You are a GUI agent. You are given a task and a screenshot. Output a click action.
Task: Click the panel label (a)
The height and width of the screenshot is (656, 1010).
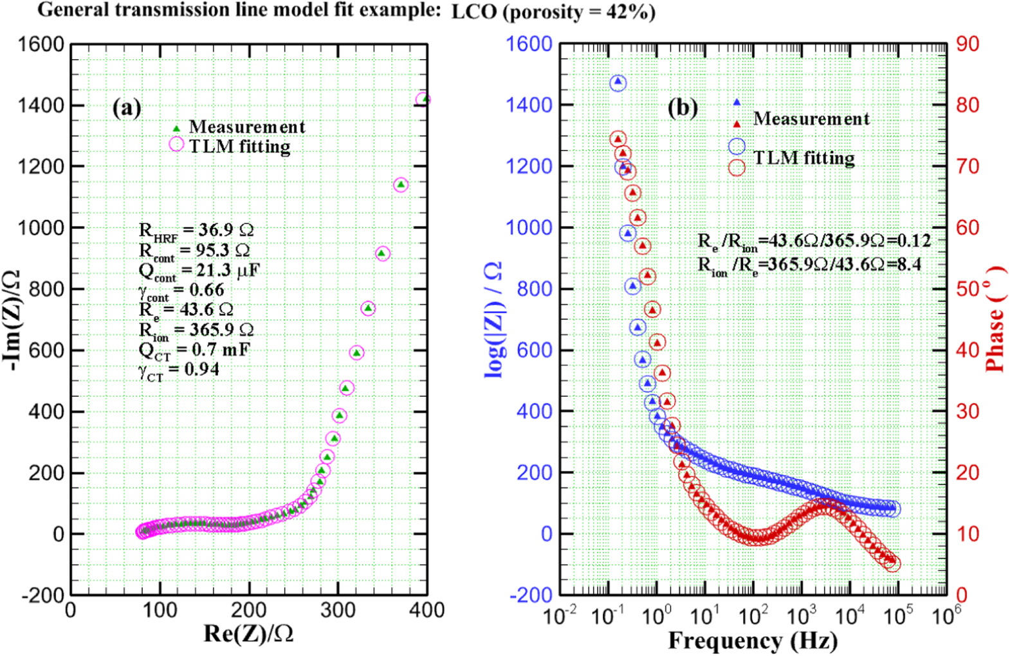[x=126, y=107]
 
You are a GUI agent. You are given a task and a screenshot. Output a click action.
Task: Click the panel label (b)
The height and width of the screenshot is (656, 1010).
[x=682, y=107]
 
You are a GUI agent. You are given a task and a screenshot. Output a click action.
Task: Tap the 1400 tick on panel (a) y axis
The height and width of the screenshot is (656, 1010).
[x=40, y=105]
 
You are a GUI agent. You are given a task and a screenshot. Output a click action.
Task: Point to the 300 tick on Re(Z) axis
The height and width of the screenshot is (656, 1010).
[x=337, y=610]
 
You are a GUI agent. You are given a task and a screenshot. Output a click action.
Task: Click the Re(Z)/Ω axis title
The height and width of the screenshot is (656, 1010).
[x=248, y=633]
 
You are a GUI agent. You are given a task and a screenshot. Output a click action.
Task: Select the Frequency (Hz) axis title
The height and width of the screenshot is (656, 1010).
[x=752, y=641]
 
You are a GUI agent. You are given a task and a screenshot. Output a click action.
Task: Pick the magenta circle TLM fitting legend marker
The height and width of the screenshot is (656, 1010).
[x=176, y=145]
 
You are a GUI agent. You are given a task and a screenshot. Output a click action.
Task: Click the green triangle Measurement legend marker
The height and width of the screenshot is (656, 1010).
[x=176, y=128]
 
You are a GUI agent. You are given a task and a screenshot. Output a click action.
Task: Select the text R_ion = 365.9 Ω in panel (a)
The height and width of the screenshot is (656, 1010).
[x=196, y=330]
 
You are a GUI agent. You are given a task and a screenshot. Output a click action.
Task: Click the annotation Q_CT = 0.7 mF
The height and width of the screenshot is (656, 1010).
[x=194, y=351]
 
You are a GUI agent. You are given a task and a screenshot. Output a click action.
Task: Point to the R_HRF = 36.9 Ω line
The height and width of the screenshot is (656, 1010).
[x=196, y=230]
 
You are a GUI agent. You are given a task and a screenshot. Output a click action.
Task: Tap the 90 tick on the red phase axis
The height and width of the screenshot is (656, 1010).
[x=967, y=44]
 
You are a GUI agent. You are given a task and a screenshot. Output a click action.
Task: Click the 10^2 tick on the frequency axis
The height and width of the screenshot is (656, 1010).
[x=753, y=616]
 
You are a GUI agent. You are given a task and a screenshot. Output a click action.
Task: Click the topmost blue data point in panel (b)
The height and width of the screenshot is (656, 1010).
[x=618, y=82]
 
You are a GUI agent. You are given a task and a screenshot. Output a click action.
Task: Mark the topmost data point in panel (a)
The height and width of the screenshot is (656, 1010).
[x=423, y=99]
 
